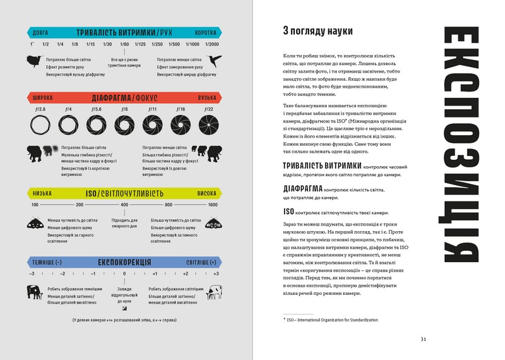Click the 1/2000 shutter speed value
pos(212,44)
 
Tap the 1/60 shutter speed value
pos(124,44)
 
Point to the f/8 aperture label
pos(124,109)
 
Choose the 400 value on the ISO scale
pos(124,205)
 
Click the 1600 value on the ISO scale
pos(213,205)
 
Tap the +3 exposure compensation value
pos(216,273)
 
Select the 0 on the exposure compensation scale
pos(124,273)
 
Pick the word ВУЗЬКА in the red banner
pos(206,98)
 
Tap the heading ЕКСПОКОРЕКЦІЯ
pos(124,261)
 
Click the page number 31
pos(424,339)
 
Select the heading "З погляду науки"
pos(318,31)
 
